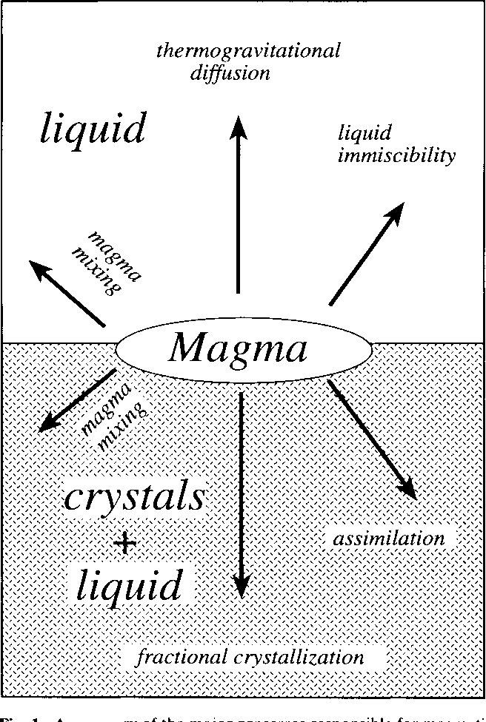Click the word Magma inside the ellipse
237,348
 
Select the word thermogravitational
248,51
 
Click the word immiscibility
396,157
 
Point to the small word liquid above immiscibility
364,134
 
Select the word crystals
134,498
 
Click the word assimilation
389,539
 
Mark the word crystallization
304,657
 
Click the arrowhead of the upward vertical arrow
239,129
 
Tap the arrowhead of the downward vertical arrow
240,587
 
